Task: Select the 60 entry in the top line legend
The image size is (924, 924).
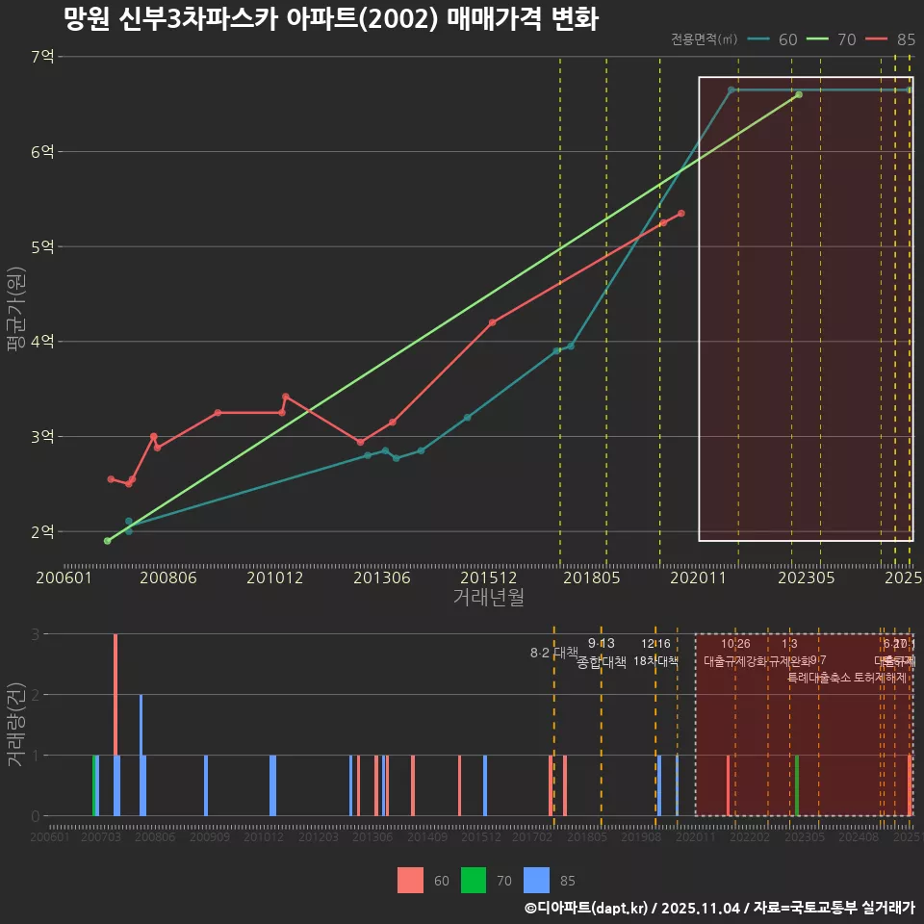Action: click(774, 39)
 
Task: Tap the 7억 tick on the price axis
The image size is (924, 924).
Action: click(43, 57)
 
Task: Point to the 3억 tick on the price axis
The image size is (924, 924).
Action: click(43, 437)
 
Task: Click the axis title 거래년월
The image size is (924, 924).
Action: click(489, 597)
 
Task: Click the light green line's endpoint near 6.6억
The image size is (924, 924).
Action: click(799, 94)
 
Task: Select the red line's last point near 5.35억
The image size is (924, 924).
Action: click(680, 214)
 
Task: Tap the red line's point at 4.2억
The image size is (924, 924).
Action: click(492, 322)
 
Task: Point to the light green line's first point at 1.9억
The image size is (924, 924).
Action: click(107, 541)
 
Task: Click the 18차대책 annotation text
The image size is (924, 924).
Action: click(655, 660)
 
